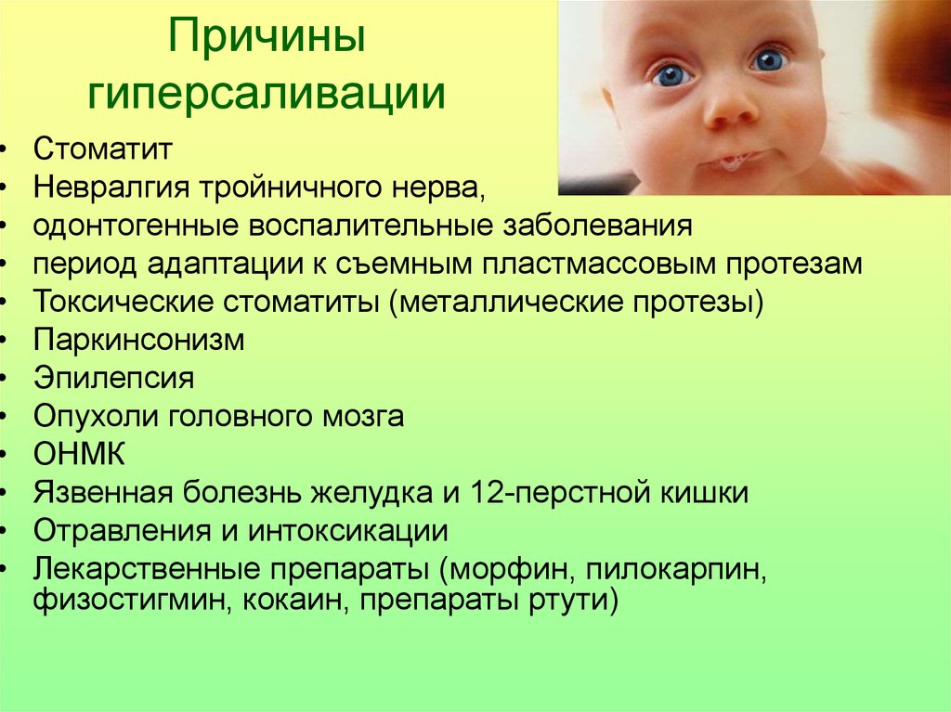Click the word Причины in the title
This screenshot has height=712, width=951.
pos(267,36)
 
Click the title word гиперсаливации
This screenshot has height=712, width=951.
pos(267,93)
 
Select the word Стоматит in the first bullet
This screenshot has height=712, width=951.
pos(103,149)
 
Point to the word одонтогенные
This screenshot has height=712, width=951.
pos(136,227)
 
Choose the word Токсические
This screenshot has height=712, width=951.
pos(124,302)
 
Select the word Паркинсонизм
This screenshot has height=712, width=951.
pos(139,340)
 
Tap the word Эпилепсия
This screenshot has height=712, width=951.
pos(114,378)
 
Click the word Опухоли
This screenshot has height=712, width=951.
pos(96,416)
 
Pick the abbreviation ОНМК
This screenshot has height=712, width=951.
pos(80,454)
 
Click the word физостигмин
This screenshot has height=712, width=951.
pos(134,602)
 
